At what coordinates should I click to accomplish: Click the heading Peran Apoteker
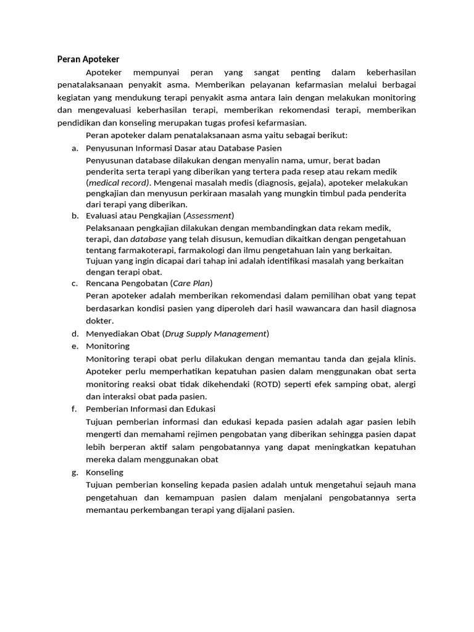(88, 59)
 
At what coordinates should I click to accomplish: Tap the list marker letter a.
(74, 148)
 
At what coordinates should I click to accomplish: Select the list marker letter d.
(74, 334)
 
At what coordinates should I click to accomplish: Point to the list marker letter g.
(74, 472)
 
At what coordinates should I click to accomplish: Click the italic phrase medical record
(118, 183)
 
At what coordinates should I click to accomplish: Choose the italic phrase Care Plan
(192, 283)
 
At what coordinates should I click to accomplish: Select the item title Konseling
(105, 472)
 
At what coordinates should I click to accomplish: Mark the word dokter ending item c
(100, 321)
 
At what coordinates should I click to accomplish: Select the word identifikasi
(273, 260)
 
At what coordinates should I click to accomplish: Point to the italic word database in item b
(148, 238)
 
